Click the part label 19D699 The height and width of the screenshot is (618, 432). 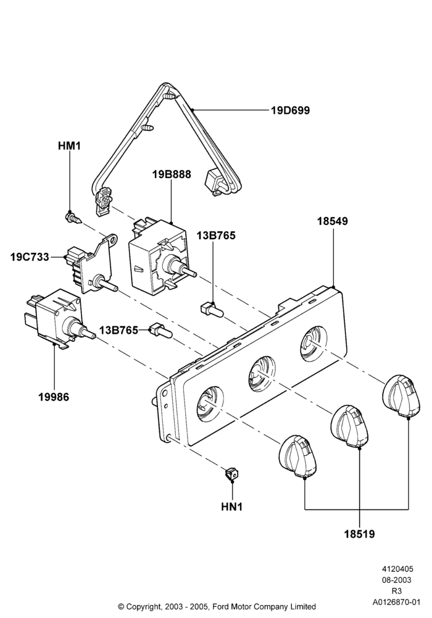coord(290,111)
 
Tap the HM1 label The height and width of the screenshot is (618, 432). coord(69,146)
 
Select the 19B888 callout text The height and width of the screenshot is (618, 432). coord(172,174)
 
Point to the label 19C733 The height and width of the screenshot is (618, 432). coord(30,257)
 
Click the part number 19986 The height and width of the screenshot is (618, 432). coord(54,397)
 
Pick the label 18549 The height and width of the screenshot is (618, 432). coord(333,221)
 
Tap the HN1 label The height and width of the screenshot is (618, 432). coord(232,507)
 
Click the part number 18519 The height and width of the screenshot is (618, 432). coord(360,535)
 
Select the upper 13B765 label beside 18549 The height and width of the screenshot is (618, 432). coord(216,235)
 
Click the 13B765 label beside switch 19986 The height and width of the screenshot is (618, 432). coord(119,330)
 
